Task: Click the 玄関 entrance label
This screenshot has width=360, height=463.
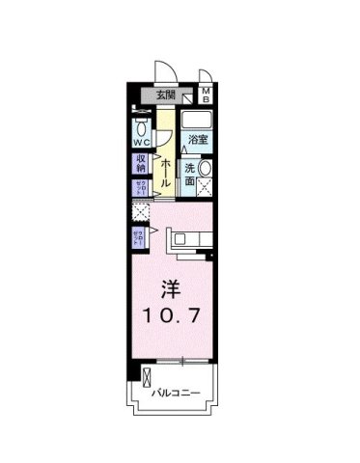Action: [x=165, y=95]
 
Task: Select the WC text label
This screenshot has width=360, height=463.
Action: [x=141, y=144]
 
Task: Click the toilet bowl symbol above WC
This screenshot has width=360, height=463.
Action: [x=141, y=127]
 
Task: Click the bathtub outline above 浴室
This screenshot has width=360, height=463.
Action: [x=197, y=120]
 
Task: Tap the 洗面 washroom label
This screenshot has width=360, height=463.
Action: [x=191, y=174]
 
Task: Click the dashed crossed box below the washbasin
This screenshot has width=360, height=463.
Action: [x=207, y=191]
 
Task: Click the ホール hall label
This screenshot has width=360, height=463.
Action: [x=165, y=171]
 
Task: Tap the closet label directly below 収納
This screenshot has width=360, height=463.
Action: [x=140, y=188]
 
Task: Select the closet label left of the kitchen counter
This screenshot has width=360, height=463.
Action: [x=138, y=238]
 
